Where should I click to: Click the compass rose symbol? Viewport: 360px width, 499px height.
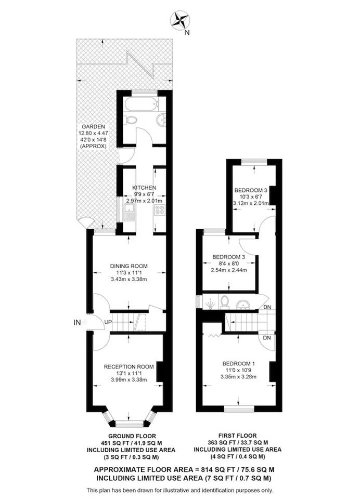(180, 20)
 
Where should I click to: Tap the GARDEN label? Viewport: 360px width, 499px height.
(93, 127)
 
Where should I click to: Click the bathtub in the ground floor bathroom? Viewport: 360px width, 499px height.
(140, 104)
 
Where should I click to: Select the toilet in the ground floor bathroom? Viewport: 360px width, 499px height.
(130, 120)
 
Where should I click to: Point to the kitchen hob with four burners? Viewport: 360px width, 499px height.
(160, 209)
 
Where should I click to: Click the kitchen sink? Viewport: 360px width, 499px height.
(130, 212)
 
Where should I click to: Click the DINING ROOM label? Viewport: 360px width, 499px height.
(128, 266)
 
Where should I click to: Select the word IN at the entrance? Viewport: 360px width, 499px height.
(77, 322)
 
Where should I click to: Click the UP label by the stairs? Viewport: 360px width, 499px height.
(108, 322)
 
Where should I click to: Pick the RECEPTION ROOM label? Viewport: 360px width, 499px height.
(128, 366)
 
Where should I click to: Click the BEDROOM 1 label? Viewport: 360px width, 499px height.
(239, 363)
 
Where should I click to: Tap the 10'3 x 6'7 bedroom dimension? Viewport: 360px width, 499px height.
(251, 196)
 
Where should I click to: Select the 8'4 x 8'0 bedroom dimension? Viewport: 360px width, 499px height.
(229, 264)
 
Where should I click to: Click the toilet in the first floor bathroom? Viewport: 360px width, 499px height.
(225, 301)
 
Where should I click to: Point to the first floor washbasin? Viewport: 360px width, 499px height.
(243, 305)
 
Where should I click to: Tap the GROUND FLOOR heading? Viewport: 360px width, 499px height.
(132, 436)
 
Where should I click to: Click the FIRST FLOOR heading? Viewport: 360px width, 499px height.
(237, 436)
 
